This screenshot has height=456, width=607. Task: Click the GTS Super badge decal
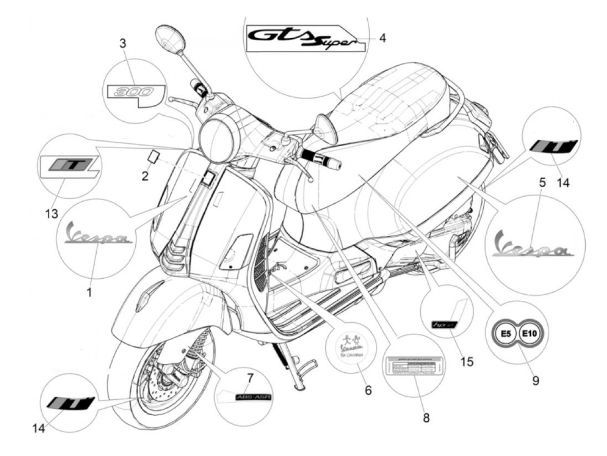point(299,37)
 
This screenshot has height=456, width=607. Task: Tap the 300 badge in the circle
point(136,91)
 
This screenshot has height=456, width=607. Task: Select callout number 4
point(382,38)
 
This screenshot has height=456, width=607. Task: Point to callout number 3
point(123,43)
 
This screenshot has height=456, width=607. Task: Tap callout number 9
point(536,381)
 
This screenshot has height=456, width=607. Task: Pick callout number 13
point(51,213)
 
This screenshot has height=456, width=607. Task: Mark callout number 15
point(467,361)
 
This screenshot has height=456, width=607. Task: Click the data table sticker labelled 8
point(414,367)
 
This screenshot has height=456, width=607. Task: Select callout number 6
point(368,390)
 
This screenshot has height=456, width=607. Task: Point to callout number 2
point(145,176)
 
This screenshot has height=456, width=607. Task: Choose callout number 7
point(250,378)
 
